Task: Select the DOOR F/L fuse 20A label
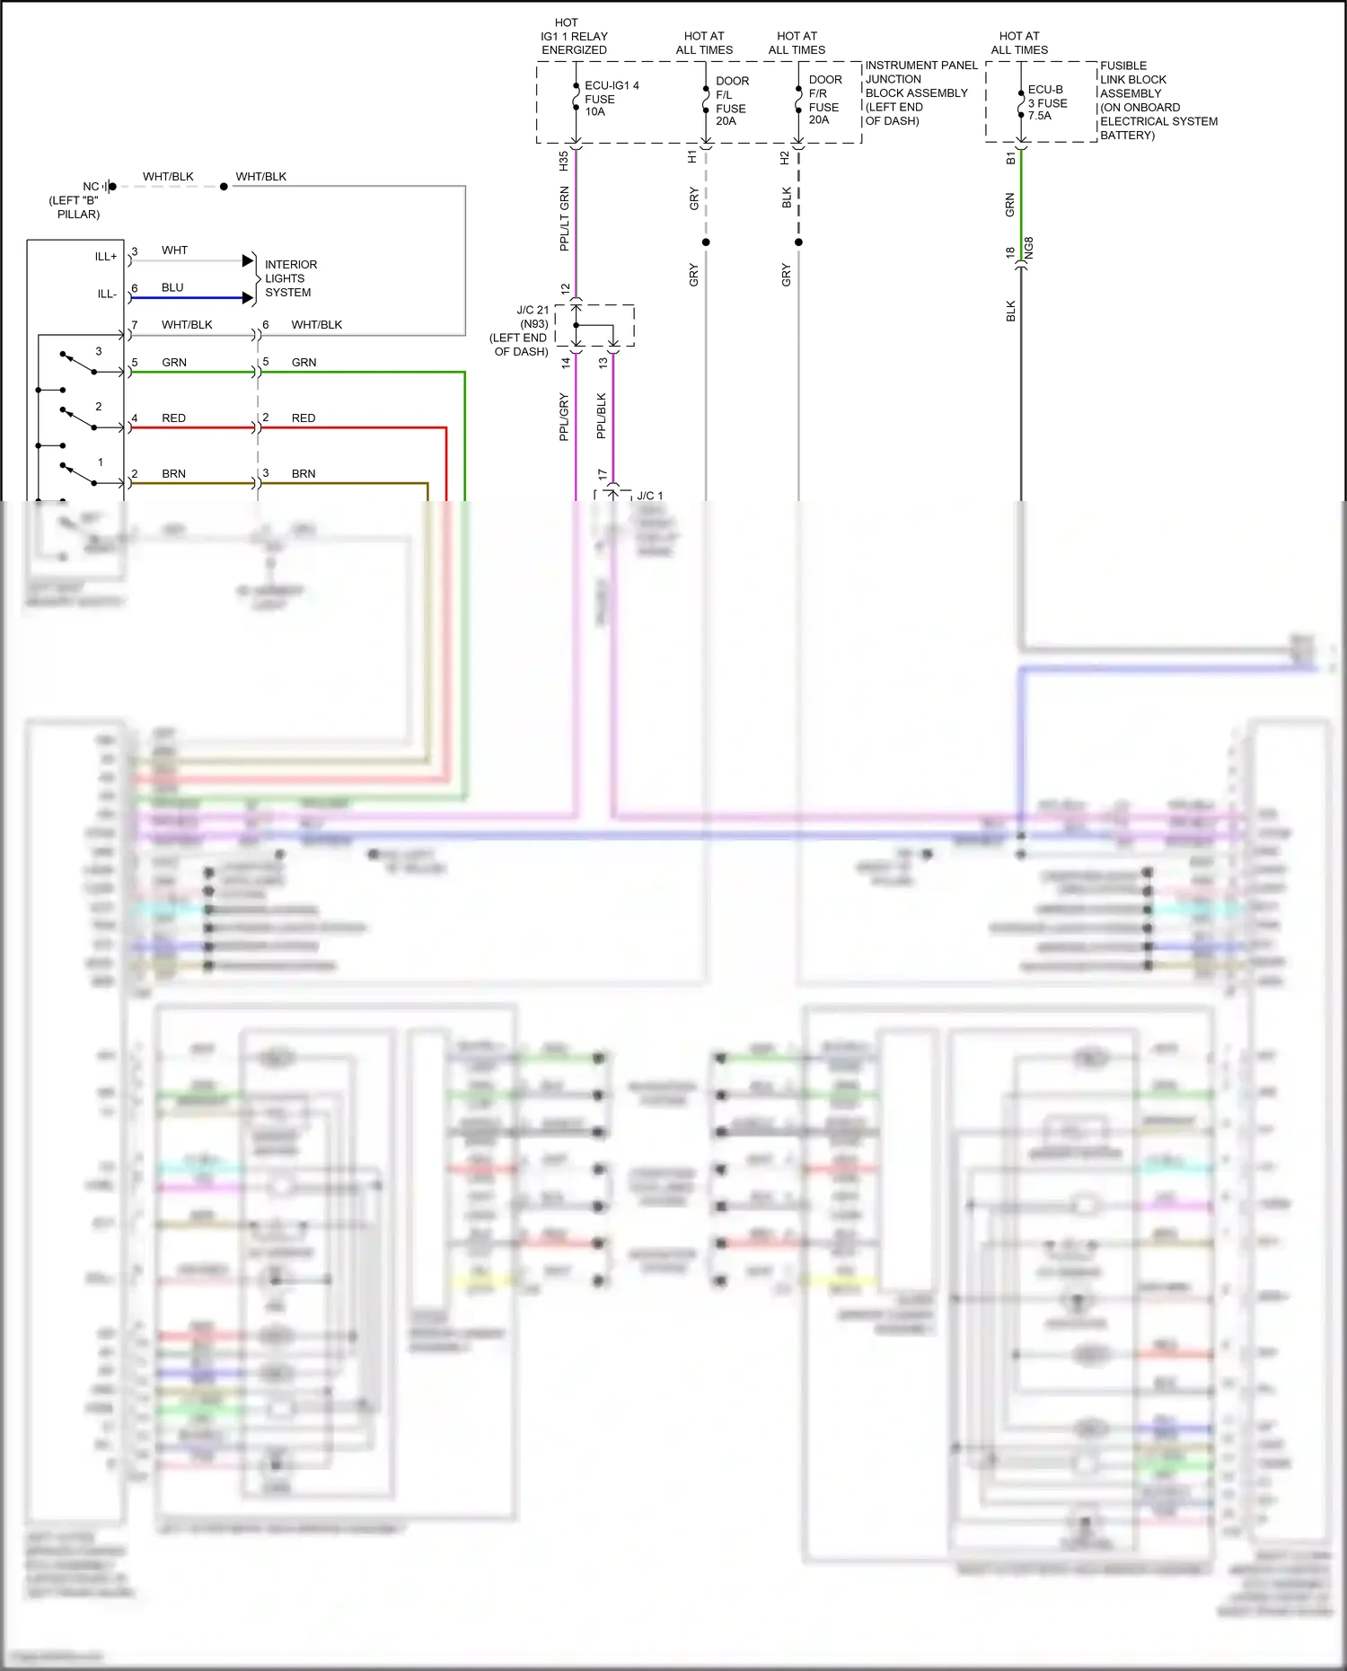pos(731,101)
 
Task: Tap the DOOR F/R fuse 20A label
pos(824,100)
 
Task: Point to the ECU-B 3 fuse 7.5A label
pos(1046,102)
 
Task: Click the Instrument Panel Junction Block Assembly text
pos(920,92)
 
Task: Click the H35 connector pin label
pos(563,162)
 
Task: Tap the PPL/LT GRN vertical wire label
pos(564,218)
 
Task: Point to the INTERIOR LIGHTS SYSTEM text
pos(289,278)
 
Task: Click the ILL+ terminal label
pos(106,257)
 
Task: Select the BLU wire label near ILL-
pos(172,288)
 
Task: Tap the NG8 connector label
pos(1029,249)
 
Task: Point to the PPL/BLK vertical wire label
pos(602,416)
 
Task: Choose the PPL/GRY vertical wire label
pos(564,417)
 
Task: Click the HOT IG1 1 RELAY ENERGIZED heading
pos(574,36)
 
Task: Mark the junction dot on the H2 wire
pos(798,242)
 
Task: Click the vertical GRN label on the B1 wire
pos(1010,205)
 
